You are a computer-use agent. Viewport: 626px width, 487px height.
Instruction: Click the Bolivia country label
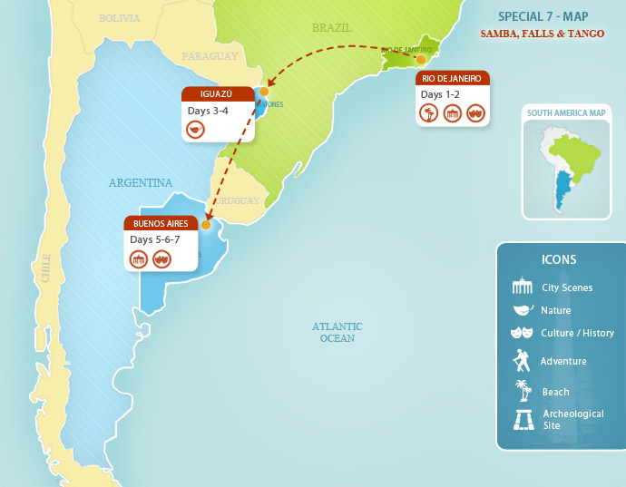(120, 18)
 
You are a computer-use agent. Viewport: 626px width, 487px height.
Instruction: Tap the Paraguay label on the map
(210, 56)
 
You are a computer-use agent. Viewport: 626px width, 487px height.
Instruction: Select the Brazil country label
(331, 28)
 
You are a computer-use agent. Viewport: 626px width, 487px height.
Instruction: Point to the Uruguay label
(238, 201)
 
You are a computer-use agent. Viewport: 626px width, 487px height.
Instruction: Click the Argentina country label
(141, 182)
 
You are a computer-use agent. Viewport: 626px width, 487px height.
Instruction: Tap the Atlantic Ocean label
(337, 332)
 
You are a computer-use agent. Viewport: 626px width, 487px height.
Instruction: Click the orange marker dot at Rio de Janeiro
(421, 60)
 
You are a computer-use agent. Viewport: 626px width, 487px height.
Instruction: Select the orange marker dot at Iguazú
(264, 92)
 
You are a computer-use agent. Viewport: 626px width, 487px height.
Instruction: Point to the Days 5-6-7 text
(154, 239)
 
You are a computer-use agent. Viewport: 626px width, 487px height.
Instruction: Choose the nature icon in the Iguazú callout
(195, 130)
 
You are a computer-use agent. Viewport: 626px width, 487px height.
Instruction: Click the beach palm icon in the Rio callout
(429, 113)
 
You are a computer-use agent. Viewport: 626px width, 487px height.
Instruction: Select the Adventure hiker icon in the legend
(522, 361)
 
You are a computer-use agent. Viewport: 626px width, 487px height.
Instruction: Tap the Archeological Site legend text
(572, 419)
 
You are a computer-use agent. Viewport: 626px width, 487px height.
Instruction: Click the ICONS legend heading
(558, 259)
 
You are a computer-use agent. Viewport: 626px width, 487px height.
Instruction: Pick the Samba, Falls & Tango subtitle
(542, 34)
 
